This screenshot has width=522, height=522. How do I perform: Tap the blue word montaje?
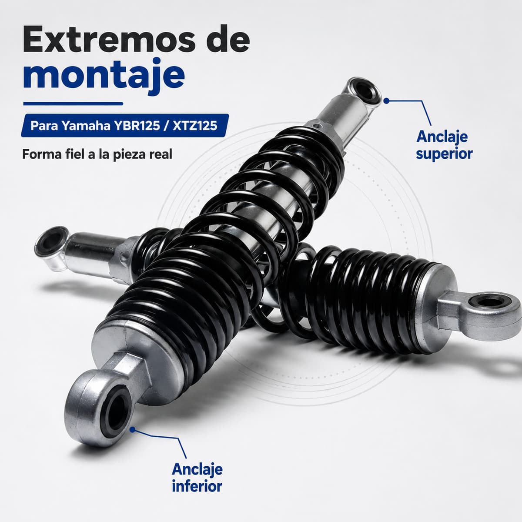point(104,74)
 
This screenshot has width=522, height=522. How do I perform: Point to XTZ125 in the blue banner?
point(195,126)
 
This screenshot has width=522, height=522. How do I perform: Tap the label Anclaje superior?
point(444,145)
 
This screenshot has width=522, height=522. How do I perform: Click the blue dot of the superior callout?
point(387,101)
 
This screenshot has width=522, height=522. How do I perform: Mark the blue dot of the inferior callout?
point(133,429)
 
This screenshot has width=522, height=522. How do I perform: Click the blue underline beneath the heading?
point(73,104)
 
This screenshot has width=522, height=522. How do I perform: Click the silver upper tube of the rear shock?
point(90,254)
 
